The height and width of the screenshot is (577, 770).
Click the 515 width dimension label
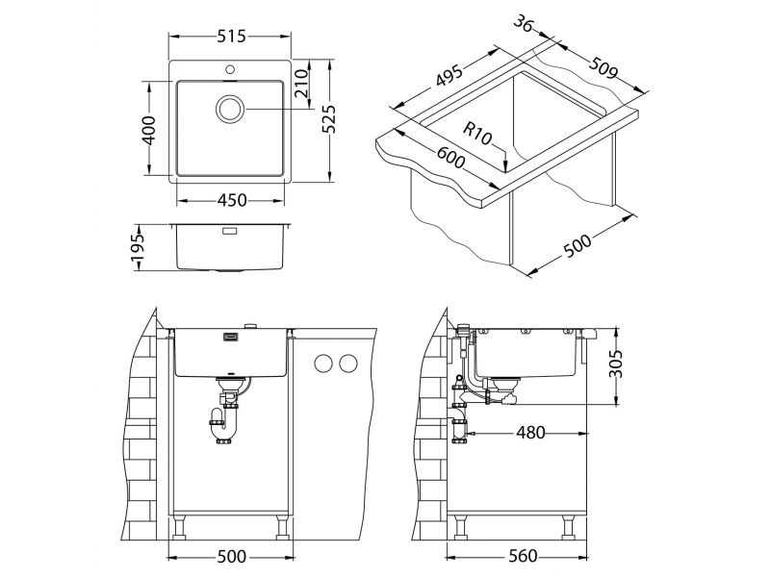click(231, 36)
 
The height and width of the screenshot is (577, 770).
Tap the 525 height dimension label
click(328, 119)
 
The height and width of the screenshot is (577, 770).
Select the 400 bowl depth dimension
click(149, 130)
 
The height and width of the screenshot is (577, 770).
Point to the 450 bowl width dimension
click(232, 200)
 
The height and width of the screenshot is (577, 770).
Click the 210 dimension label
click(301, 83)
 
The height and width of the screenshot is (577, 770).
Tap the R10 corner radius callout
click(477, 134)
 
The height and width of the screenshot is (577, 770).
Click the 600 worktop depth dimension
click(450, 155)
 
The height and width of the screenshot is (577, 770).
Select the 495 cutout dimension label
click(449, 75)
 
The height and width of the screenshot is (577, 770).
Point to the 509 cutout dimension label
click(603, 68)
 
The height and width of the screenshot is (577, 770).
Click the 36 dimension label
click(524, 23)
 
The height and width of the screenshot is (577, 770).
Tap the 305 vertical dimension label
click(615, 364)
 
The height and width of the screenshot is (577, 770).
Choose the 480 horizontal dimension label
click(530, 433)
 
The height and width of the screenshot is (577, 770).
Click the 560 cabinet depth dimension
click(523, 557)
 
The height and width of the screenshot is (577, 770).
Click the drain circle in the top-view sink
click(230, 109)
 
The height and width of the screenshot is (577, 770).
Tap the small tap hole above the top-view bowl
click(229, 69)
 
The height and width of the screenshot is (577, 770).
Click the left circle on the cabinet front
click(323, 364)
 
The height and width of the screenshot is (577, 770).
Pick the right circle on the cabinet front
click(348, 364)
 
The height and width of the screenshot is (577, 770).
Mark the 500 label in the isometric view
click(577, 245)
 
